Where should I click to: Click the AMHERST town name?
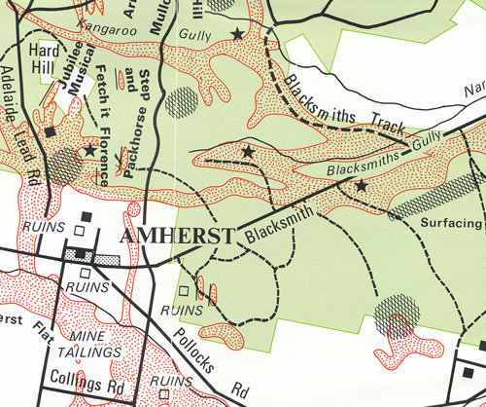[178, 237]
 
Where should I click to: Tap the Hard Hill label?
[45, 58]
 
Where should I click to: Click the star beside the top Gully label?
[237, 35]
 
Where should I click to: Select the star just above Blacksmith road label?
[361, 185]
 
